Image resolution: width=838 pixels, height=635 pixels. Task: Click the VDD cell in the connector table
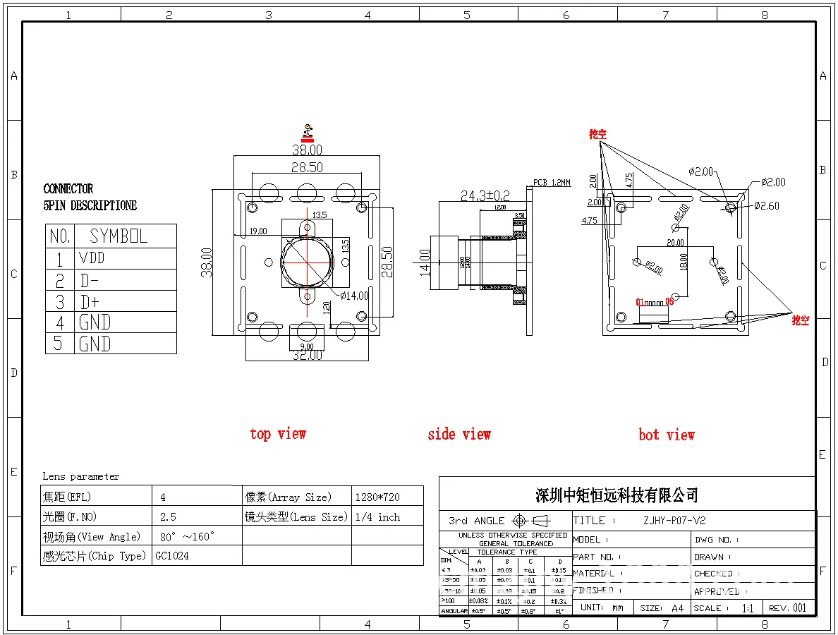(x=92, y=258)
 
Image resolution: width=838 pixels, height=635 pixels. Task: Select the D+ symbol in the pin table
(x=90, y=302)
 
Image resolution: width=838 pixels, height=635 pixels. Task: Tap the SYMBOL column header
(x=119, y=236)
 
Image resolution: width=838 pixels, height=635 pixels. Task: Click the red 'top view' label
(x=278, y=434)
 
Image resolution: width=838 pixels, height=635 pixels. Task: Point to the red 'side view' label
(x=459, y=435)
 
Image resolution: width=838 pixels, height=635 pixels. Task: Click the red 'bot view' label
(x=667, y=435)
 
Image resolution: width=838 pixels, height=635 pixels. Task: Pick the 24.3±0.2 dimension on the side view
(x=485, y=195)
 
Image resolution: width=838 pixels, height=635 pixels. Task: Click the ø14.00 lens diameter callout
(x=354, y=296)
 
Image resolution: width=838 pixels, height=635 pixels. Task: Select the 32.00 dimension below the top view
(x=307, y=355)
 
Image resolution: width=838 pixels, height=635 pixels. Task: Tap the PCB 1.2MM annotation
(x=552, y=182)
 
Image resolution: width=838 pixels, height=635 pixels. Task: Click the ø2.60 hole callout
(x=767, y=206)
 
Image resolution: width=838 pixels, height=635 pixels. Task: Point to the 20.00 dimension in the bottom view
(x=676, y=243)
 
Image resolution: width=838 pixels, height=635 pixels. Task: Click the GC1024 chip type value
(x=172, y=556)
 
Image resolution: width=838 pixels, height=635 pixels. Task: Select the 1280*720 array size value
(x=378, y=497)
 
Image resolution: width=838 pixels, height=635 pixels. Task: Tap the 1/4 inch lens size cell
(x=378, y=517)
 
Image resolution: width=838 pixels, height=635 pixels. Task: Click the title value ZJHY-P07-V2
(x=674, y=521)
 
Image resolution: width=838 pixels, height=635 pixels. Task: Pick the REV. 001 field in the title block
(x=787, y=607)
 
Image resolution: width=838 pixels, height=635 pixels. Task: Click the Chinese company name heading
(x=617, y=495)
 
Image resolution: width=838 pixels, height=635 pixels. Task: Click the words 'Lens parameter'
(x=81, y=476)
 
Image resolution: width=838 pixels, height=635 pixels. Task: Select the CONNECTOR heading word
(x=68, y=189)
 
